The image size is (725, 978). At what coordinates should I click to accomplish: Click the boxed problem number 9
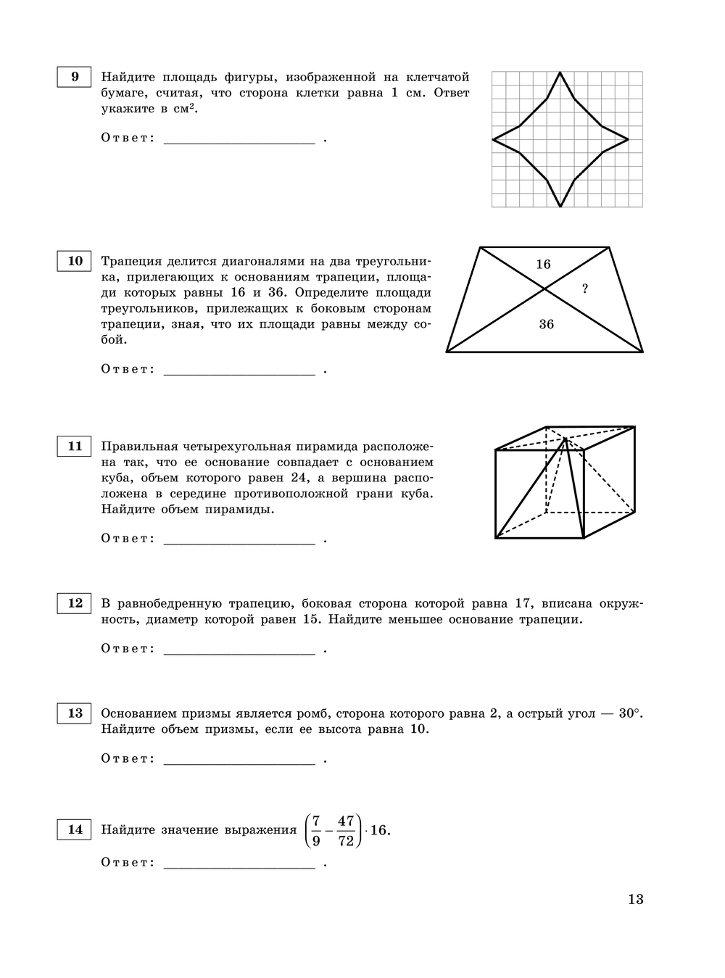click(75, 77)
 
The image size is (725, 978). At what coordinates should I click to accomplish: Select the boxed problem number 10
click(75, 261)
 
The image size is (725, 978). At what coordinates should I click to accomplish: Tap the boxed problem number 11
click(75, 447)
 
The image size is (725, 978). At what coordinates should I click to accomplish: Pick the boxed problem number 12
click(75, 603)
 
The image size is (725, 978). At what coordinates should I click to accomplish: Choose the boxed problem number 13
click(75, 713)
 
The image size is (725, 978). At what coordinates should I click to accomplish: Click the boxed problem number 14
click(75, 829)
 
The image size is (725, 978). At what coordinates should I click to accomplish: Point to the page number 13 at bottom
click(635, 899)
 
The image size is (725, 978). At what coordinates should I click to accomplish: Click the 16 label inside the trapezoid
click(543, 265)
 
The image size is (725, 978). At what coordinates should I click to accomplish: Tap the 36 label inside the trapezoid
click(546, 324)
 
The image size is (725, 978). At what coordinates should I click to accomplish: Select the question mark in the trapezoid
click(585, 289)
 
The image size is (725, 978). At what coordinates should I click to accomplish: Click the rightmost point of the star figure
click(628, 138)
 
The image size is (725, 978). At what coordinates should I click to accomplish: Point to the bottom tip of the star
click(560, 207)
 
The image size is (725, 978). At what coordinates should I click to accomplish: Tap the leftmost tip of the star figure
click(493, 138)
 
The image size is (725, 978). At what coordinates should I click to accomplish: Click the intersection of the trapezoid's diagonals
click(545, 289)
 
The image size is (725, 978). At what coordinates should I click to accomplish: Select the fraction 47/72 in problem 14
click(346, 831)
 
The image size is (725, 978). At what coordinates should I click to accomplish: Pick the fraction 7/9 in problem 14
click(316, 831)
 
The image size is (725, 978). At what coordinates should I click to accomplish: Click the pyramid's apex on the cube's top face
click(565, 439)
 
